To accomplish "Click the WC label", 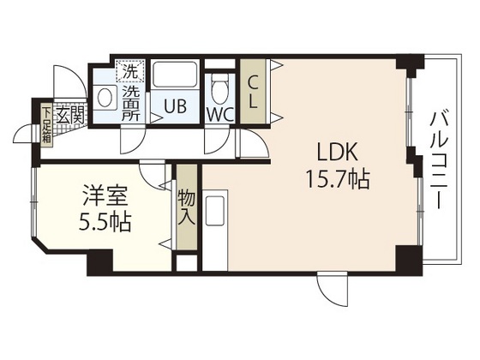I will coord(219,112).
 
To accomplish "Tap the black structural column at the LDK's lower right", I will coord(405,256).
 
